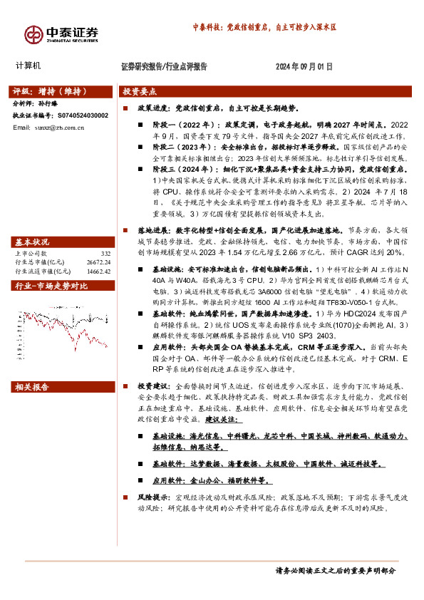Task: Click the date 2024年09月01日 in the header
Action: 304,66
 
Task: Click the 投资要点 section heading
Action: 140,92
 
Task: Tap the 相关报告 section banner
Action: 32,387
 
